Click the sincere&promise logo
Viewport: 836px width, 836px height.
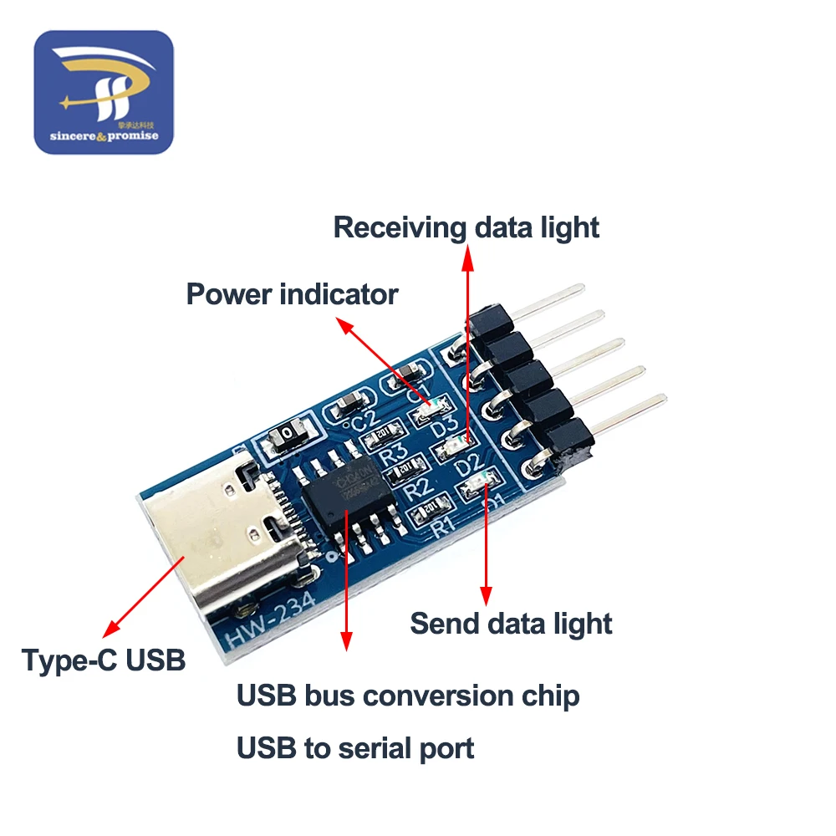[103, 92]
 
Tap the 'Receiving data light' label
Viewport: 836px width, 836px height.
[466, 227]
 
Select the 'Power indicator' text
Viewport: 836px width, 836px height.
[292, 294]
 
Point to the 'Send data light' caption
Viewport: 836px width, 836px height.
[511, 624]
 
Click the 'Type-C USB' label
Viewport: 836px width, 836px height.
[104, 660]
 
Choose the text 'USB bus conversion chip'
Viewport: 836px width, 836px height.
[408, 696]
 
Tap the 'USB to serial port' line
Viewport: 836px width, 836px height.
[355, 747]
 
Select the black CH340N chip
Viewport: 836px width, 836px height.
[345, 494]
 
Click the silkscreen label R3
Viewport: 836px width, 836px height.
[394, 456]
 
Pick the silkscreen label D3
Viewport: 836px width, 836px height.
[446, 427]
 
